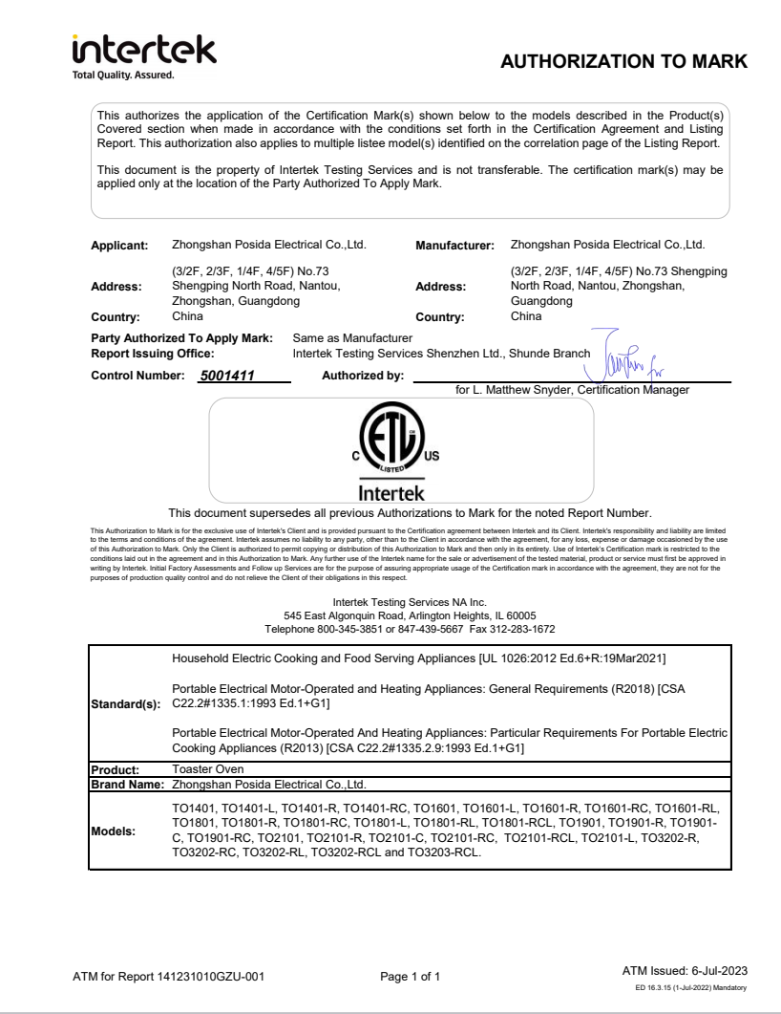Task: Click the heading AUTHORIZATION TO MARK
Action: point(623,62)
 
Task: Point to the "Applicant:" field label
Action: point(119,247)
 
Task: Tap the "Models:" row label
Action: point(113,831)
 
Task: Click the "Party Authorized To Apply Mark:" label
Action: point(181,338)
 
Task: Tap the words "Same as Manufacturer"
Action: point(352,338)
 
